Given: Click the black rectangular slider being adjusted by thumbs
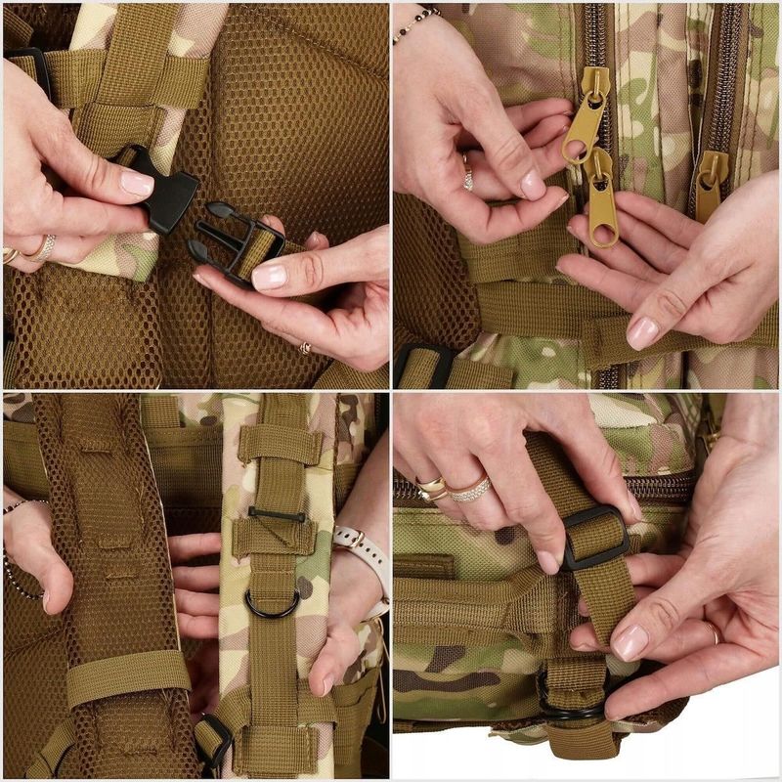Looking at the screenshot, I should [593, 538].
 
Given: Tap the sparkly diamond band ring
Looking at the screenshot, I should [469, 489].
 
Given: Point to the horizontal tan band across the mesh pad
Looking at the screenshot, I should [127, 674].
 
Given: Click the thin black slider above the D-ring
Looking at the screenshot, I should [277, 514].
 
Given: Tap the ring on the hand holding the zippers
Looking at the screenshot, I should [467, 173].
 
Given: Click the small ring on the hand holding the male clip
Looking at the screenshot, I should [306, 347].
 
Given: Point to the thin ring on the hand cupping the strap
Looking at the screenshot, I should [713, 632].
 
